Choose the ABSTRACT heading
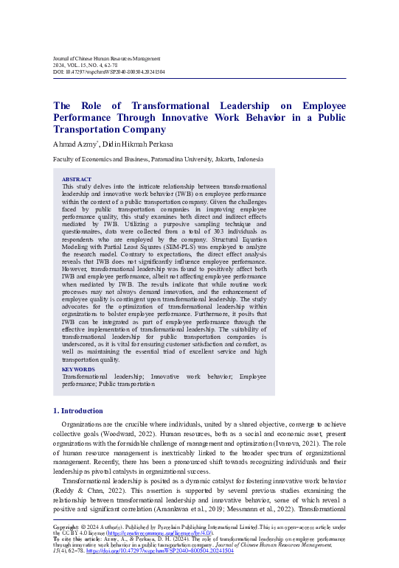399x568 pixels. [77, 180]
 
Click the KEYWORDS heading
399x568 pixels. [78, 369]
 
